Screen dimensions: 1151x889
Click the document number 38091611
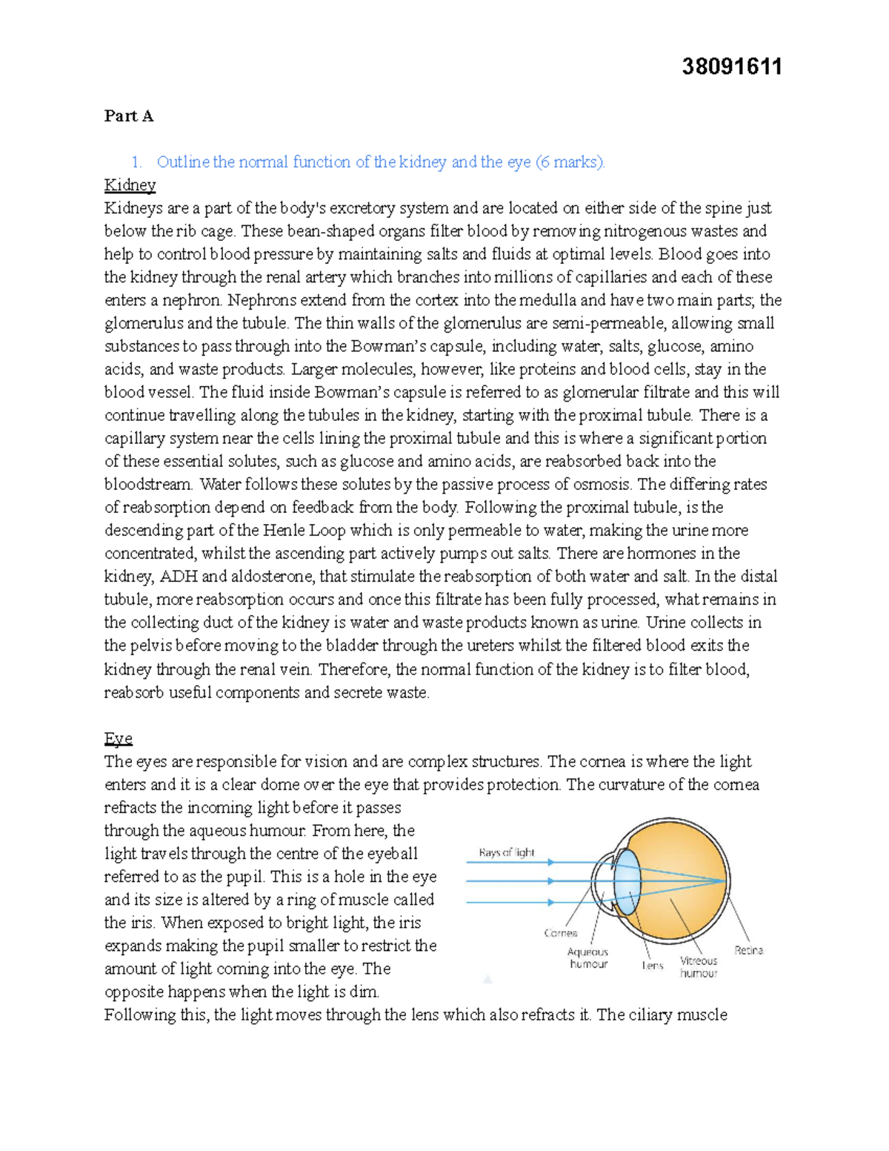(x=731, y=67)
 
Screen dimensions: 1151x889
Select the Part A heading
(x=129, y=116)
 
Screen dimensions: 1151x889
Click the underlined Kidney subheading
(x=130, y=185)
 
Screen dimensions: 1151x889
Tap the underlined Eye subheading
(x=118, y=738)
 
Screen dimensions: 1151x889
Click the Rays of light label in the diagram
(x=507, y=852)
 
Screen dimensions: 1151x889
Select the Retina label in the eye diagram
(x=748, y=950)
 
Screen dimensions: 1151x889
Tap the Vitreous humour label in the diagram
(x=699, y=966)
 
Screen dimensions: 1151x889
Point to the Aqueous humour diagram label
(x=588, y=958)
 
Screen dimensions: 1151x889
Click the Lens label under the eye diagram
(x=652, y=965)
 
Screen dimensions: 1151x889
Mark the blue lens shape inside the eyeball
(x=627, y=881)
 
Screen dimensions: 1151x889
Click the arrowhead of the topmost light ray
(x=550, y=862)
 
